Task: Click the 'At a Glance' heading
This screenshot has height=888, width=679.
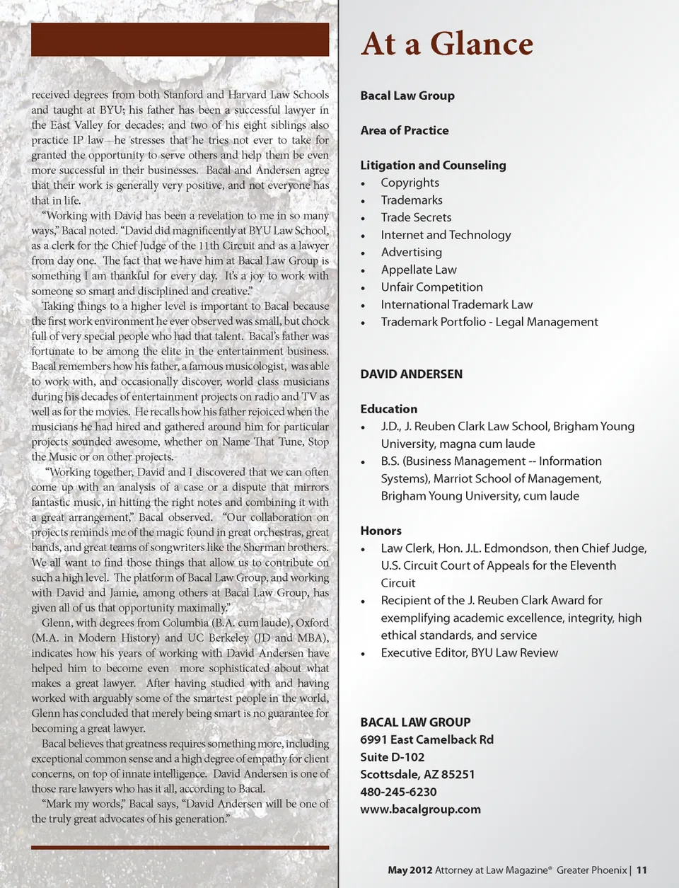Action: [446, 44]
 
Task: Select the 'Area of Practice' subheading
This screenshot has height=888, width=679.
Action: [404, 130]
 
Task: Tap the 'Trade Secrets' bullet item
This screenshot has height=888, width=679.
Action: [416, 217]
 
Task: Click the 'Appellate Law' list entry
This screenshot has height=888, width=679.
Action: [419, 270]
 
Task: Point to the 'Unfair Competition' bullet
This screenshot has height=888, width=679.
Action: [431, 287]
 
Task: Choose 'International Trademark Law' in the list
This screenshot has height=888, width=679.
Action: [456, 304]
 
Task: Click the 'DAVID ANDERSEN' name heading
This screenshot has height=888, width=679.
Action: [411, 374]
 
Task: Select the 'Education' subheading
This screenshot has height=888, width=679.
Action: [388, 409]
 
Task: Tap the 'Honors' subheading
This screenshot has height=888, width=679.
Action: [381, 531]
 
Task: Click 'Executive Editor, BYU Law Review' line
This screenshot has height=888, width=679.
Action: [469, 652]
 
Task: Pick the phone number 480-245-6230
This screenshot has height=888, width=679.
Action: [398, 792]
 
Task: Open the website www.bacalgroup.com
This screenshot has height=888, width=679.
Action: [420, 809]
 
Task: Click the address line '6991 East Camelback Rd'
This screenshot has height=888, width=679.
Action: [426, 739]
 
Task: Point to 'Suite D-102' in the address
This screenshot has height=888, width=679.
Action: [392, 757]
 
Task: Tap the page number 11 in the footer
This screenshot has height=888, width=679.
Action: [642, 870]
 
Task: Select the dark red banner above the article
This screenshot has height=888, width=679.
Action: [180, 40]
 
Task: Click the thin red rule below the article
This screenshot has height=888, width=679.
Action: [180, 847]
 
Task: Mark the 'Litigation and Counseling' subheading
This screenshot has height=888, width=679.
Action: [433, 165]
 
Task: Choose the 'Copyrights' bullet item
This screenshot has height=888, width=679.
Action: [410, 183]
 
